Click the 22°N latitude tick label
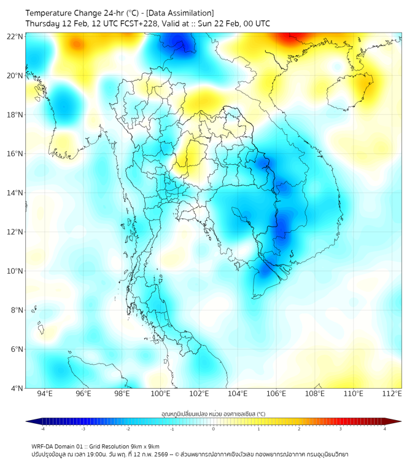click(x=15, y=36)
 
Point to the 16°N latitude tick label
click(x=15, y=154)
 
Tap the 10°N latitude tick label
click(x=15, y=271)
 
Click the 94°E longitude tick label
click(x=45, y=394)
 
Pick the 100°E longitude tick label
click(x=161, y=394)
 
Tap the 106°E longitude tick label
click(x=277, y=394)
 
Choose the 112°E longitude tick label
click(x=392, y=394)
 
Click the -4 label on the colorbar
click(x=42, y=429)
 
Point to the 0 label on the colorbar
click(x=214, y=429)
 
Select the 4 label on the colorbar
click(x=385, y=429)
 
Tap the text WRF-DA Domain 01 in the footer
click(x=58, y=446)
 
